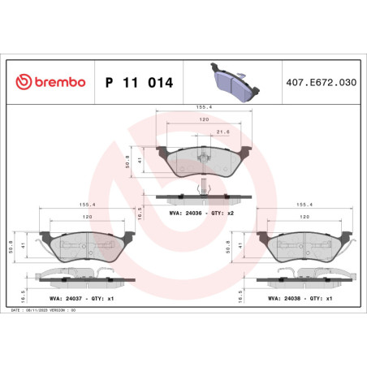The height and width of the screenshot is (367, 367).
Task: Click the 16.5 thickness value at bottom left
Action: [11, 288]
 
